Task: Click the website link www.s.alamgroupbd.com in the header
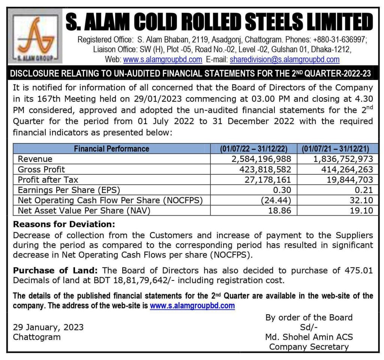pos(163,59)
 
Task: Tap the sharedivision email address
pos(285,59)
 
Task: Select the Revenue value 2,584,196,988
pos(259,159)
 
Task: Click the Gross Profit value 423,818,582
pos(262,169)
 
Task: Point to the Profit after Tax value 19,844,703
pos(346,180)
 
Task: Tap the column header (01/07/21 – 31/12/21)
pos(337,149)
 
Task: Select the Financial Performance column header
pos(111,149)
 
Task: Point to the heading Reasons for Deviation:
pos(64,225)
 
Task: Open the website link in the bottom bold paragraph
pos(192,306)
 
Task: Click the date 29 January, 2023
pos(48,327)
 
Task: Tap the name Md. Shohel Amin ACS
pos(309,337)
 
